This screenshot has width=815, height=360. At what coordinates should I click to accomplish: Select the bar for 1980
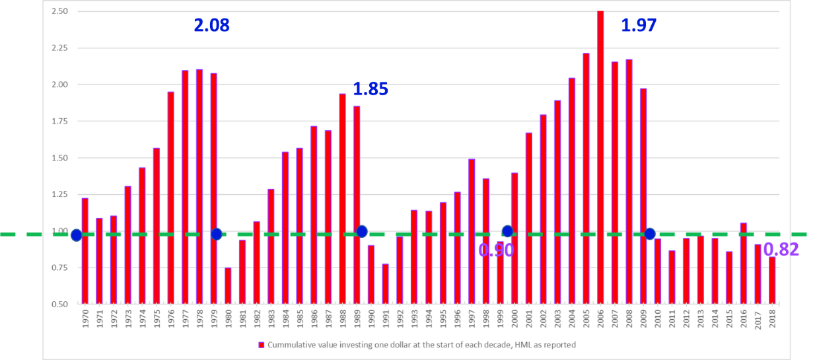point(228,285)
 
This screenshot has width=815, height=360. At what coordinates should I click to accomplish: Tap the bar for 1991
point(385,283)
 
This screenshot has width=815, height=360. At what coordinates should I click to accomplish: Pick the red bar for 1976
point(170,198)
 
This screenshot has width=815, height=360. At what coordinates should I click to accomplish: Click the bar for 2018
point(771,280)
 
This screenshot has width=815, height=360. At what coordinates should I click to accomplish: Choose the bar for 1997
point(471,231)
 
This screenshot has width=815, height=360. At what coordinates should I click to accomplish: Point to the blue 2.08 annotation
point(211,26)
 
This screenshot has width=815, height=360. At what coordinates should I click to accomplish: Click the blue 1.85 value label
point(371,89)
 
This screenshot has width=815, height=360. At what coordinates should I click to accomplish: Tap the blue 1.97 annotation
point(639,26)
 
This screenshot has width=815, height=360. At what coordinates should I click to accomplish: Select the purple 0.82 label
point(781,249)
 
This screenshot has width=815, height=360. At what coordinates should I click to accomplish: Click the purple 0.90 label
point(496,250)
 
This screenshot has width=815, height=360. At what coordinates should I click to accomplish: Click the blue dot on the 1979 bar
point(216,234)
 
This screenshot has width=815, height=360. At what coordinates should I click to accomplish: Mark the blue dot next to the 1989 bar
point(361,231)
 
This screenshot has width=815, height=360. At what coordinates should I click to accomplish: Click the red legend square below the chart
point(262,345)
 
